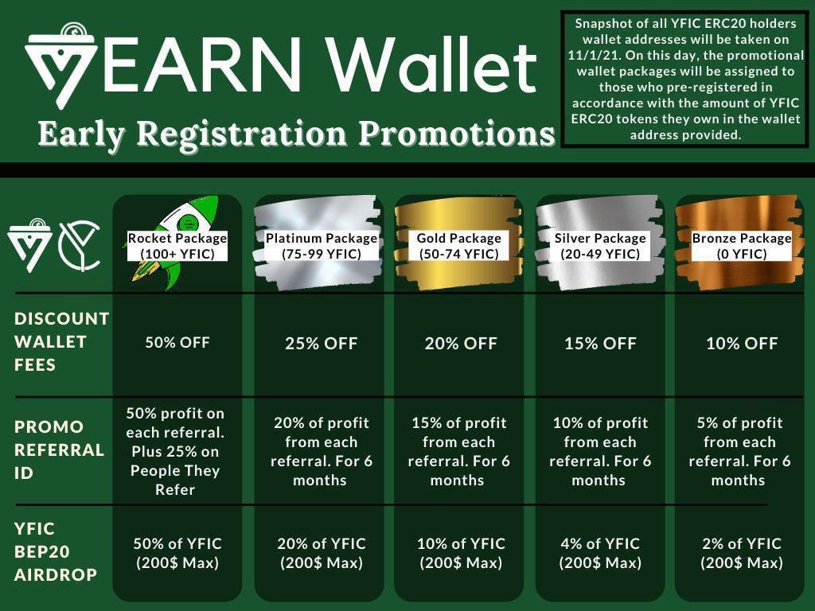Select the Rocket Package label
[x=177, y=246]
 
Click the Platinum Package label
[x=322, y=246]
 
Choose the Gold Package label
[x=459, y=246]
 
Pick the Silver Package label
[x=600, y=246]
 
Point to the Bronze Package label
[x=742, y=246]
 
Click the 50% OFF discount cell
[x=177, y=342]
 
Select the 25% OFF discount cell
[x=322, y=344]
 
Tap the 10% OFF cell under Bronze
[x=742, y=344]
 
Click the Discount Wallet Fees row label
[x=61, y=341]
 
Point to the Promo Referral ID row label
[x=59, y=449]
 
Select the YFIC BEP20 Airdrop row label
[x=56, y=551]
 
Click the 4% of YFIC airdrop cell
[x=600, y=553]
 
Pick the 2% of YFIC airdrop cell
[x=742, y=553]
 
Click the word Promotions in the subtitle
[x=457, y=134]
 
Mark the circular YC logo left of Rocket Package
[x=80, y=246]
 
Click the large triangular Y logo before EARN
[x=60, y=65]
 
